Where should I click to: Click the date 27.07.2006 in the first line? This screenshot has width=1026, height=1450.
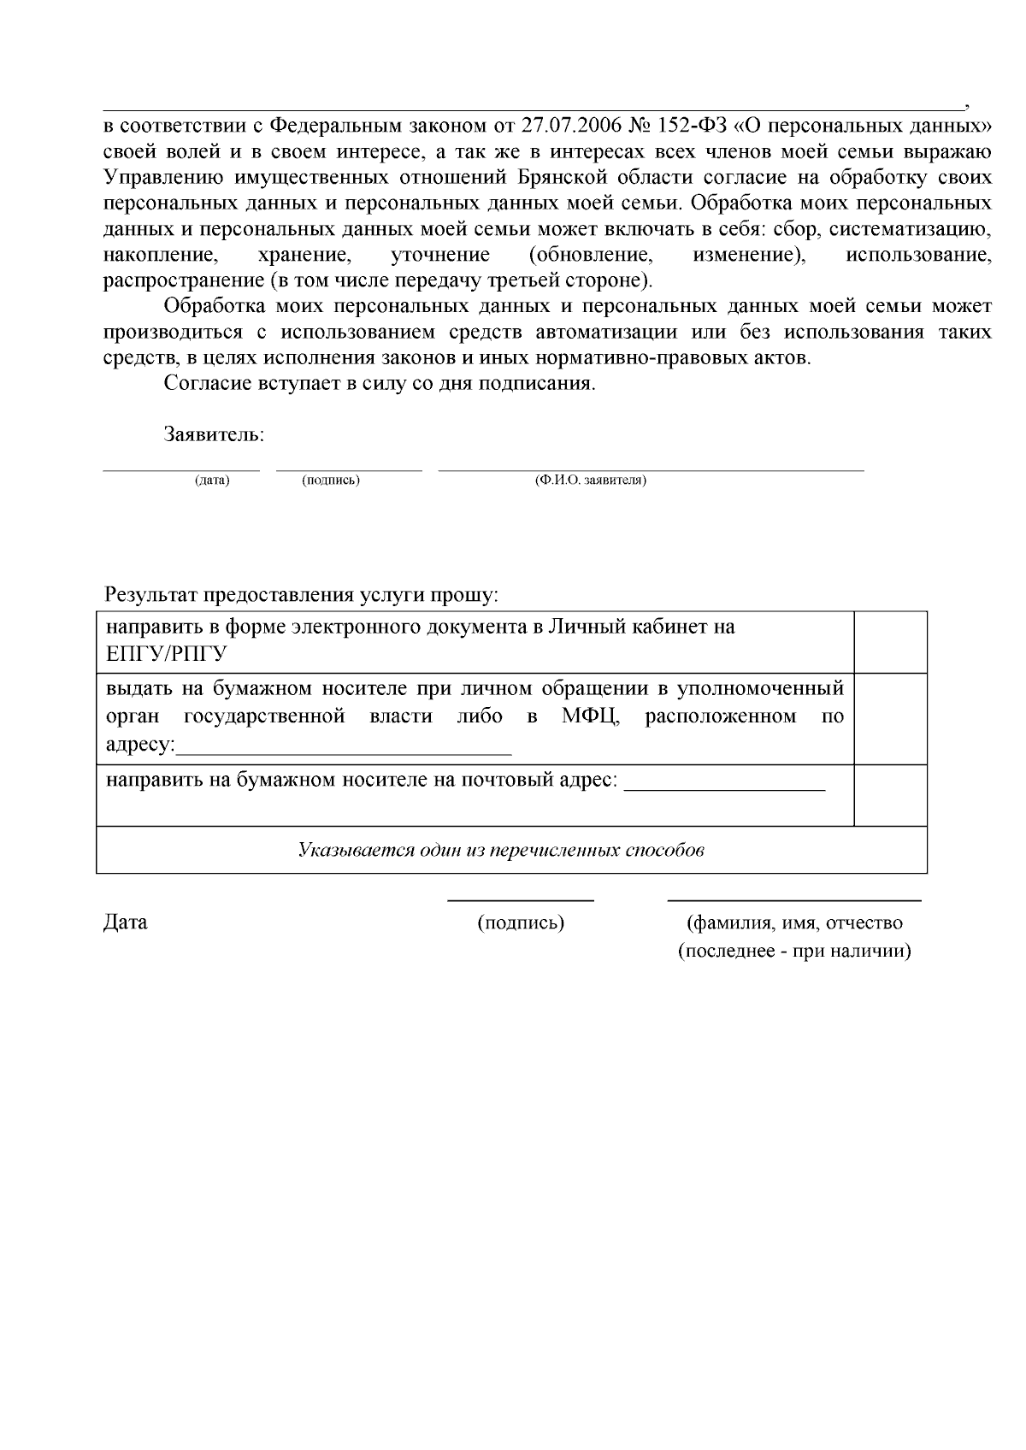(x=572, y=127)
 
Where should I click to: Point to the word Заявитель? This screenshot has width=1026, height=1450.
(x=214, y=434)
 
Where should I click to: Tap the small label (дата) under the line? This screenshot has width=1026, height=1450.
(x=212, y=480)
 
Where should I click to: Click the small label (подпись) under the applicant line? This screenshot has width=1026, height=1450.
(x=331, y=480)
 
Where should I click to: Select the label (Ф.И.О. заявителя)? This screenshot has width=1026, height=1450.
(x=591, y=480)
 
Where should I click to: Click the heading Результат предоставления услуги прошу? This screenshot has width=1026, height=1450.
(x=301, y=594)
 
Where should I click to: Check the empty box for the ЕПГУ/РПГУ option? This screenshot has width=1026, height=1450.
(x=891, y=642)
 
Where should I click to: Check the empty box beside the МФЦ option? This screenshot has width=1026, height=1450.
(x=891, y=718)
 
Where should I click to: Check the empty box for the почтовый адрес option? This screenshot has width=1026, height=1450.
(x=891, y=794)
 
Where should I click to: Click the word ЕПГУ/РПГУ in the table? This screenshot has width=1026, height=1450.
(x=166, y=655)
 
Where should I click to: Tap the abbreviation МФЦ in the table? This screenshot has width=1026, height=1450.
(x=590, y=716)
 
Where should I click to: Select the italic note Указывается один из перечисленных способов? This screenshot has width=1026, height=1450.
(x=501, y=851)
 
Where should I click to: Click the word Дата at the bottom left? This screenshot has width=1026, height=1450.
(x=125, y=923)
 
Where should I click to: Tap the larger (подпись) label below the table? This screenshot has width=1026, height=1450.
(x=521, y=923)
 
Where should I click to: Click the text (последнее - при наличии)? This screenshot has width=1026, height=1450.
(x=794, y=952)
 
